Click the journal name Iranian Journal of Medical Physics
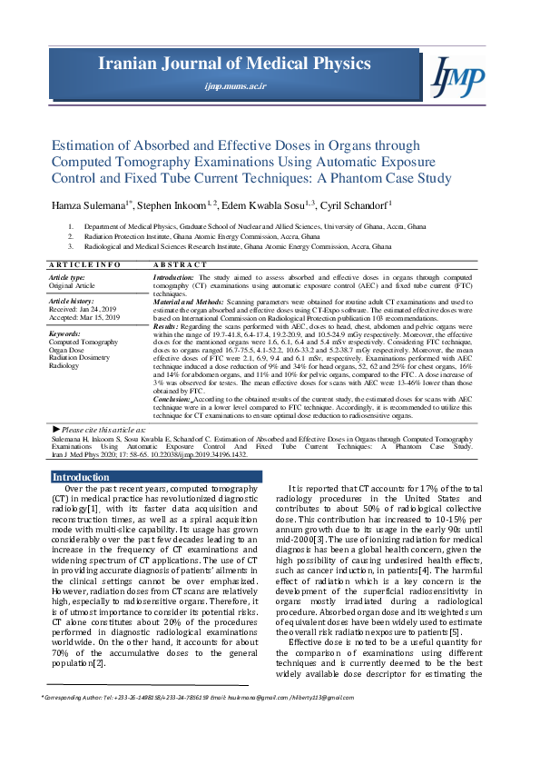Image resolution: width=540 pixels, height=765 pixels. click(x=236, y=64)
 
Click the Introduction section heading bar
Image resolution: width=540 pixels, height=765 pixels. click(x=156, y=476)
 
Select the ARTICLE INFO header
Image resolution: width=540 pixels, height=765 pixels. click(x=83, y=264)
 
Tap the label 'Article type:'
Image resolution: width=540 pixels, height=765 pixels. click(x=66, y=275)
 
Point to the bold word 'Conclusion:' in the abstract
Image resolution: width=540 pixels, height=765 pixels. click(x=172, y=397)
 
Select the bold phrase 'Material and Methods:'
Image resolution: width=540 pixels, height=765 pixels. click(x=186, y=301)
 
